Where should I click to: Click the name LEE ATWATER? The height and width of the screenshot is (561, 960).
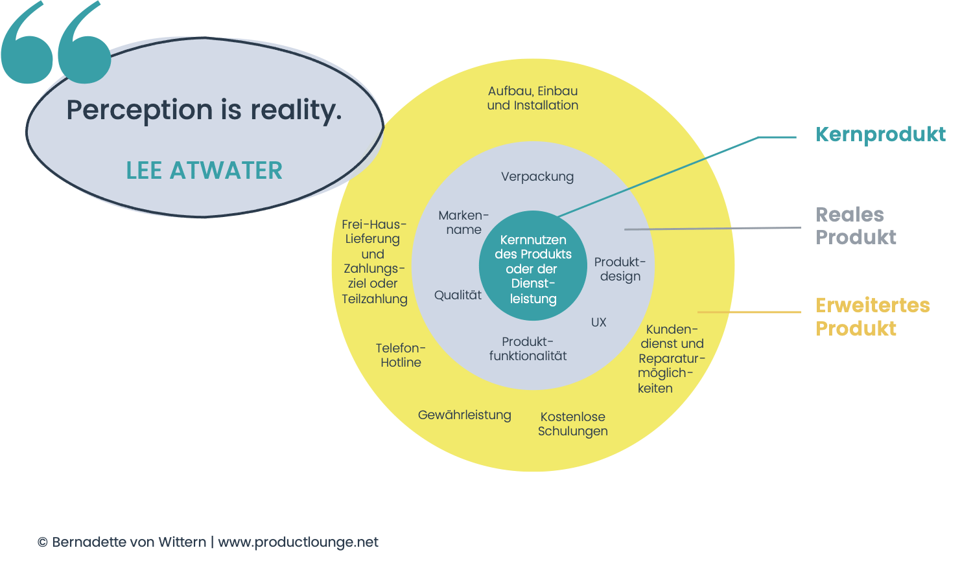coord(204,170)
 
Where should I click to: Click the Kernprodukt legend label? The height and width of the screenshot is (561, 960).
coord(880,134)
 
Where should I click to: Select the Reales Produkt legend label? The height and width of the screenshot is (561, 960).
coord(856,225)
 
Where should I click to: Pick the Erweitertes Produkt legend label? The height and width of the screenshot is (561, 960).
coord(872,316)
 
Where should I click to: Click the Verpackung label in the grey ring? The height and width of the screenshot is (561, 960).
coord(537,176)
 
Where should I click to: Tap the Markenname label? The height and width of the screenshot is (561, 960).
coord(463,222)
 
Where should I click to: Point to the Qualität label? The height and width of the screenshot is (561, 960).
coord(458,295)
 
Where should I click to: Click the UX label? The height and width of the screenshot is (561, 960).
coord(598,322)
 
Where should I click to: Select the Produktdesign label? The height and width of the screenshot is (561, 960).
coord(620,269)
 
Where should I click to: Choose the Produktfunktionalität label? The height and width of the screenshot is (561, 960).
coord(528,349)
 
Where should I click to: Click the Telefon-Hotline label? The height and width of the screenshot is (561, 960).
coord(401,355)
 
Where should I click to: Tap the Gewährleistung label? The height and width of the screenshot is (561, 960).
coord(464,415)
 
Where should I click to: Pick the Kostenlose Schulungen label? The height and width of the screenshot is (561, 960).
coord(573,424)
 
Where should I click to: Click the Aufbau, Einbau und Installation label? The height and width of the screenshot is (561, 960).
coord(533,98)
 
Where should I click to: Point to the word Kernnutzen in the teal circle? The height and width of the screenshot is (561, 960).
coord(533,240)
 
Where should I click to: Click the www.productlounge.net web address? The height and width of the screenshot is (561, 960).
coord(298,542)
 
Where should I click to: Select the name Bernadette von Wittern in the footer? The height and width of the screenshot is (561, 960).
coord(129,542)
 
